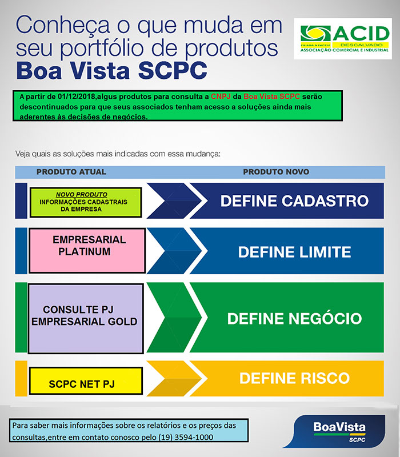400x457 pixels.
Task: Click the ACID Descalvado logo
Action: [343, 38]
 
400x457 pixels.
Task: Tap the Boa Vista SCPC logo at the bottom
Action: [335, 431]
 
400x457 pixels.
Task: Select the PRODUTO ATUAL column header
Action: [71, 172]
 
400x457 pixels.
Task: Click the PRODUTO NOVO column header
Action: [276, 172]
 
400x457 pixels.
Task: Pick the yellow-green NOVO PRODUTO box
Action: [86, 202]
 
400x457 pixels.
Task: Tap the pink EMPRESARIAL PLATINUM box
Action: [87, 251]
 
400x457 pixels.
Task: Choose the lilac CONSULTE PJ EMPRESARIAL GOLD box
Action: [86, 319]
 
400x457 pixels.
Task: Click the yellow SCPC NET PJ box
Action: [86, 380]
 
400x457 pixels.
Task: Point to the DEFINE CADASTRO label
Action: [294, 201]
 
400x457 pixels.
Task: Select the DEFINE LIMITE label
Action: [294, 252]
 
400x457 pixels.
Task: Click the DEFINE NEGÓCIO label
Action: [294, 318]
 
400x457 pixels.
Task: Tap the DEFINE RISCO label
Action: [294, 378]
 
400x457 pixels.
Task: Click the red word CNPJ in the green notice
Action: [221, 97]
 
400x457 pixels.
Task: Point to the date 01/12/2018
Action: [77, 97]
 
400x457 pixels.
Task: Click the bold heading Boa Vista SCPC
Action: [111, 70]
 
